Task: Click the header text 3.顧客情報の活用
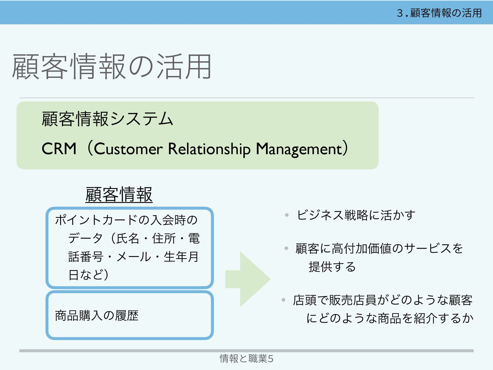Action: (x=439, y=13)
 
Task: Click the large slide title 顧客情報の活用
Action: (x=112, y=67)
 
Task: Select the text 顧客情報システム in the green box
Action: (x=107, y=119)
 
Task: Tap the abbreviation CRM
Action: (x=59, y=149)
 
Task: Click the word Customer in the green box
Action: (x=128, y=149)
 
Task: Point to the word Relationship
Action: (x=209, y=149)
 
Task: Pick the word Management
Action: (x=299, y=149)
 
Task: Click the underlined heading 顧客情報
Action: (x=119, y=195)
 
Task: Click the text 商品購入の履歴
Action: (x=97, y=316)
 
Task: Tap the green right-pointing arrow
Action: (x=248, y=279)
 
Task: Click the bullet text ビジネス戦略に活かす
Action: (x=356, y=215)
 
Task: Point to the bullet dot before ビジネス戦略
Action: (x=287, y=215)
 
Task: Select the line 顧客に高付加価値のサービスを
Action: (x=379, y=248)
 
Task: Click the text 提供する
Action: (x=332, y=267)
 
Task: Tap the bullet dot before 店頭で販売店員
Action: (x=283, y=300)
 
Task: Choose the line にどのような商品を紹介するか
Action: (x=390, y=318)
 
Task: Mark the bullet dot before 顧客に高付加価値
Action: (x=286, y=248)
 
